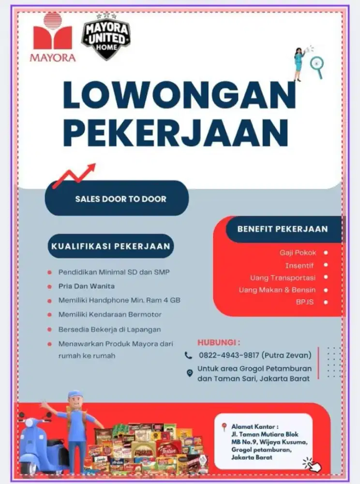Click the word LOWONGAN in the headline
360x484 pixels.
pyautogui.click(x=179, y=95)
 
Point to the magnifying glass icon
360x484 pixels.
pyautogui.click(x=317, y=64)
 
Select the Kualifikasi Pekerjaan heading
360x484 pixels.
pyautogui.click(x=111, y=246)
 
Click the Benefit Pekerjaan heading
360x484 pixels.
pyautogui.click(x=282, y=229)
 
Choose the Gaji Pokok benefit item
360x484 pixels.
pyautogui.click(x=298, y=253)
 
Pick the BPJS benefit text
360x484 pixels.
pyautogui.click(x=305, y=302)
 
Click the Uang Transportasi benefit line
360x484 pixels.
pyautogui.click(x=283, y=278)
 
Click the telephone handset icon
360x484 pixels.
pyautogui.click(x=189, y=355)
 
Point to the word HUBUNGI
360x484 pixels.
pyautogui.click(x=218, y=343)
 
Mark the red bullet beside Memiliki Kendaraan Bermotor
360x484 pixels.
pyautogui.click(x=49, y=315)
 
